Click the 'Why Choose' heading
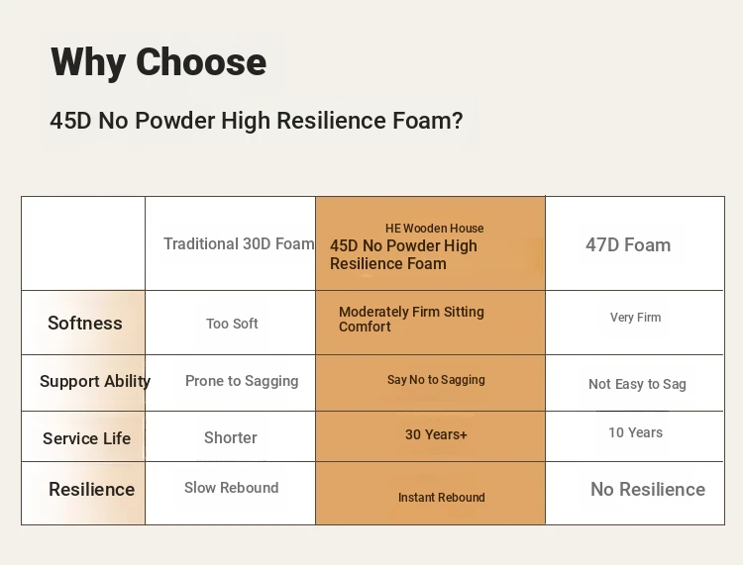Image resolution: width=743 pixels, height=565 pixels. click(x=159, y=62)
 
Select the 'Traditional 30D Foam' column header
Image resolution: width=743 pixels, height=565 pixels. click(x=239, y=243)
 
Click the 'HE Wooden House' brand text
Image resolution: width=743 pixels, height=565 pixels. click(x=435, y=229)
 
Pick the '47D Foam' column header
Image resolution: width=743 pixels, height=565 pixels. click(x=628, y=245)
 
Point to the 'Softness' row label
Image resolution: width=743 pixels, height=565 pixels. click(x=85, y=324)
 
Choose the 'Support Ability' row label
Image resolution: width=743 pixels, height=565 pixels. click(x=95, y=381)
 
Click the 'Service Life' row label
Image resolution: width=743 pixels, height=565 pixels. click(x=87, y=438)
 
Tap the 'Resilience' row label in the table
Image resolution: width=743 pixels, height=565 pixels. click(x=91, y=489)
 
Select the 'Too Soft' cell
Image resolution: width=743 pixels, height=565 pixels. click(x=232, y=324)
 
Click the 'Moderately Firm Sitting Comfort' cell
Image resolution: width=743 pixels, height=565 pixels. click(x=411, y=319)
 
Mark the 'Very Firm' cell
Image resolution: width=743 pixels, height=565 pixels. click(x=635, y=317)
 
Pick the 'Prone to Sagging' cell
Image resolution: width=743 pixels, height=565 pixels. click(x=242, y=381)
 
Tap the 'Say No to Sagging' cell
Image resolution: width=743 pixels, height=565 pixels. click(x=436, y=380)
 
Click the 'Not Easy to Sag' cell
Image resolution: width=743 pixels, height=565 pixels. click(x=637, y=384)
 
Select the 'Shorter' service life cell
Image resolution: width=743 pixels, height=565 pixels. click(x=230, y=437)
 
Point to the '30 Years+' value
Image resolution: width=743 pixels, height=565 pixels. click(x=436, y=434)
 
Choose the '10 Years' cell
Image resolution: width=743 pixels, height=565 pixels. click(x=635, y=432)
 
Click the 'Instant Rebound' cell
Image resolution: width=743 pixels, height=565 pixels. click(x=441, y=498)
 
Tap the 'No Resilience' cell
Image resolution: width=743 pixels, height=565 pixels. click(x=648, y=489)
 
